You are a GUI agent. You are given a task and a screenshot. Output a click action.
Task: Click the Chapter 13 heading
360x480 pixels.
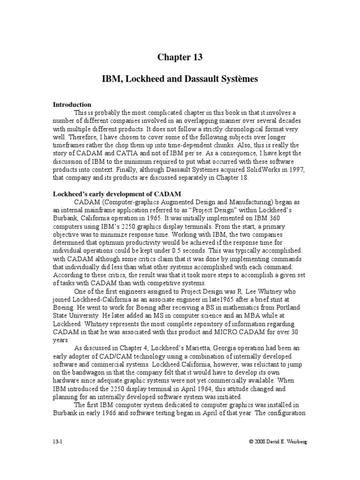(180, 58)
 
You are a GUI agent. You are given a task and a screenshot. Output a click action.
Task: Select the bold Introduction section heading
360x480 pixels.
(72, 105)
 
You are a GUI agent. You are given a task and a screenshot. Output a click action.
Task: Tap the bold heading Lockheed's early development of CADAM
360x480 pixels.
(117, 194)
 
